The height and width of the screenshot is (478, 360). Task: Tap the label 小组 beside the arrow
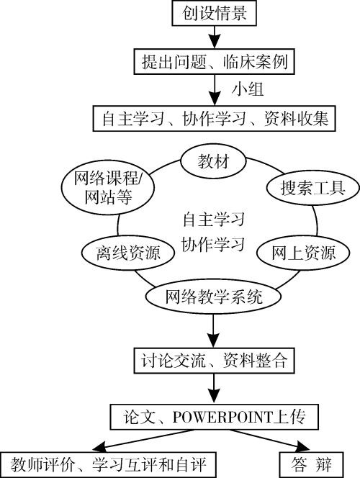click(246, 89)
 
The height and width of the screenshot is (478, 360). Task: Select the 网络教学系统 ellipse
click(213, 297)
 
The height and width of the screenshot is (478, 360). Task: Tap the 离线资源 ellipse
click(127, 253)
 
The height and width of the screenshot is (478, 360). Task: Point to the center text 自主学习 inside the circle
click(213, 217)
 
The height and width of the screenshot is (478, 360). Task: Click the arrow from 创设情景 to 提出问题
click(212, 37)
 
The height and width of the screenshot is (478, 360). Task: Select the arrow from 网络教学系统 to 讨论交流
click(212, 330)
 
